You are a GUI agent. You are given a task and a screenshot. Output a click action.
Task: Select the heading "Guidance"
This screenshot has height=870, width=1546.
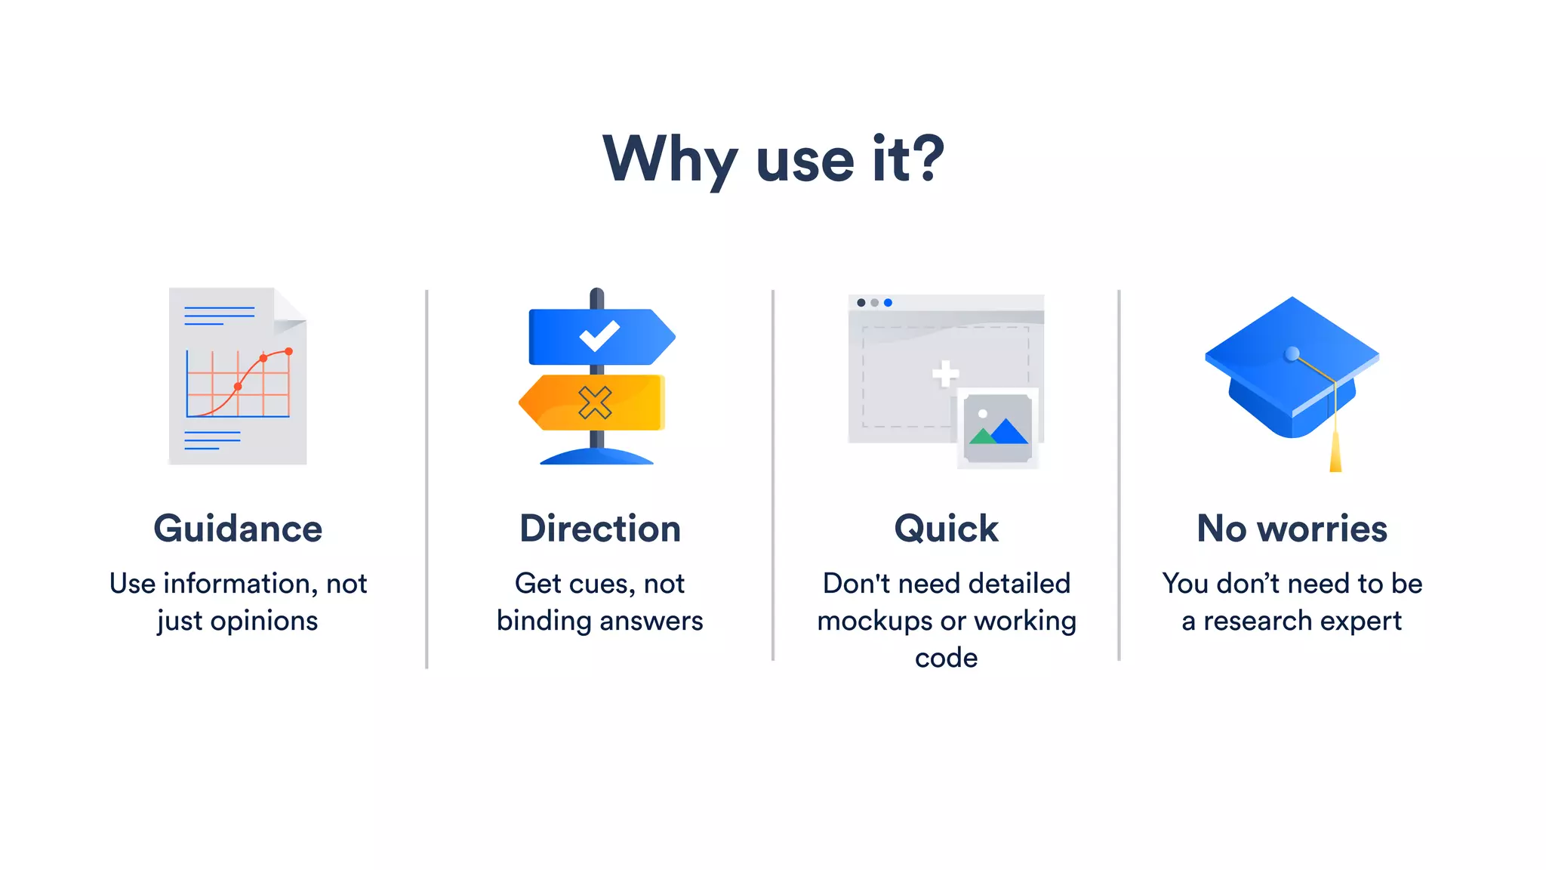(x=238, y=529)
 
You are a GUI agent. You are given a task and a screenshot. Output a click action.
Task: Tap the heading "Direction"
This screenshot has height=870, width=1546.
(x=600, y=529)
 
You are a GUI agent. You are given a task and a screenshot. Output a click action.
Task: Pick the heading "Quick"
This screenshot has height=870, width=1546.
(x=946, y=529)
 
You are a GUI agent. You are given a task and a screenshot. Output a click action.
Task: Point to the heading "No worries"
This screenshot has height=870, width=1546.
(x=1292, y=529)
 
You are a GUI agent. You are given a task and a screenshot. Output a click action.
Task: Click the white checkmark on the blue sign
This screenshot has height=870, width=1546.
(x=599, y=336)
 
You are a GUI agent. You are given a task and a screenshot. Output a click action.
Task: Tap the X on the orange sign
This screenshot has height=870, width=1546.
(x=595, y=403)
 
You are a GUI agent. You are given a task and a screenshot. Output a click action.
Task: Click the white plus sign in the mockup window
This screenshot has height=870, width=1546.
(x=945, y=373)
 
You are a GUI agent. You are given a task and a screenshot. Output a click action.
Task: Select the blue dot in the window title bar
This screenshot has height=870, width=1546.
(x=888, y=303)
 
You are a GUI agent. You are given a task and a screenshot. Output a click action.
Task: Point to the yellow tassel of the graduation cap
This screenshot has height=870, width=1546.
(x=1335, y=453)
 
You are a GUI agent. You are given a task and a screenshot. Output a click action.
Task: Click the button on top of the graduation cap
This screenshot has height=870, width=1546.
(x=1292, y=353)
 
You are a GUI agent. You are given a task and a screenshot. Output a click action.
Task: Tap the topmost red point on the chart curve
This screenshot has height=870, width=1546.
(x=288, y=351)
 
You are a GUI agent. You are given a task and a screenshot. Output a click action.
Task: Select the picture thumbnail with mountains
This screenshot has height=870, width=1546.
(x=998, y=428)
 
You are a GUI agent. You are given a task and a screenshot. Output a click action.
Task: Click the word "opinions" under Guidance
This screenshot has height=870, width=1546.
(x=263, y=621)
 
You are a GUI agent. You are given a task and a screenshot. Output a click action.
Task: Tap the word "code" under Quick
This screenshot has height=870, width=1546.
(x=946, y=658)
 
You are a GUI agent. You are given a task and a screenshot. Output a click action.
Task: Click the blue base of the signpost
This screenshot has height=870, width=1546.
(x=596, y=456)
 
